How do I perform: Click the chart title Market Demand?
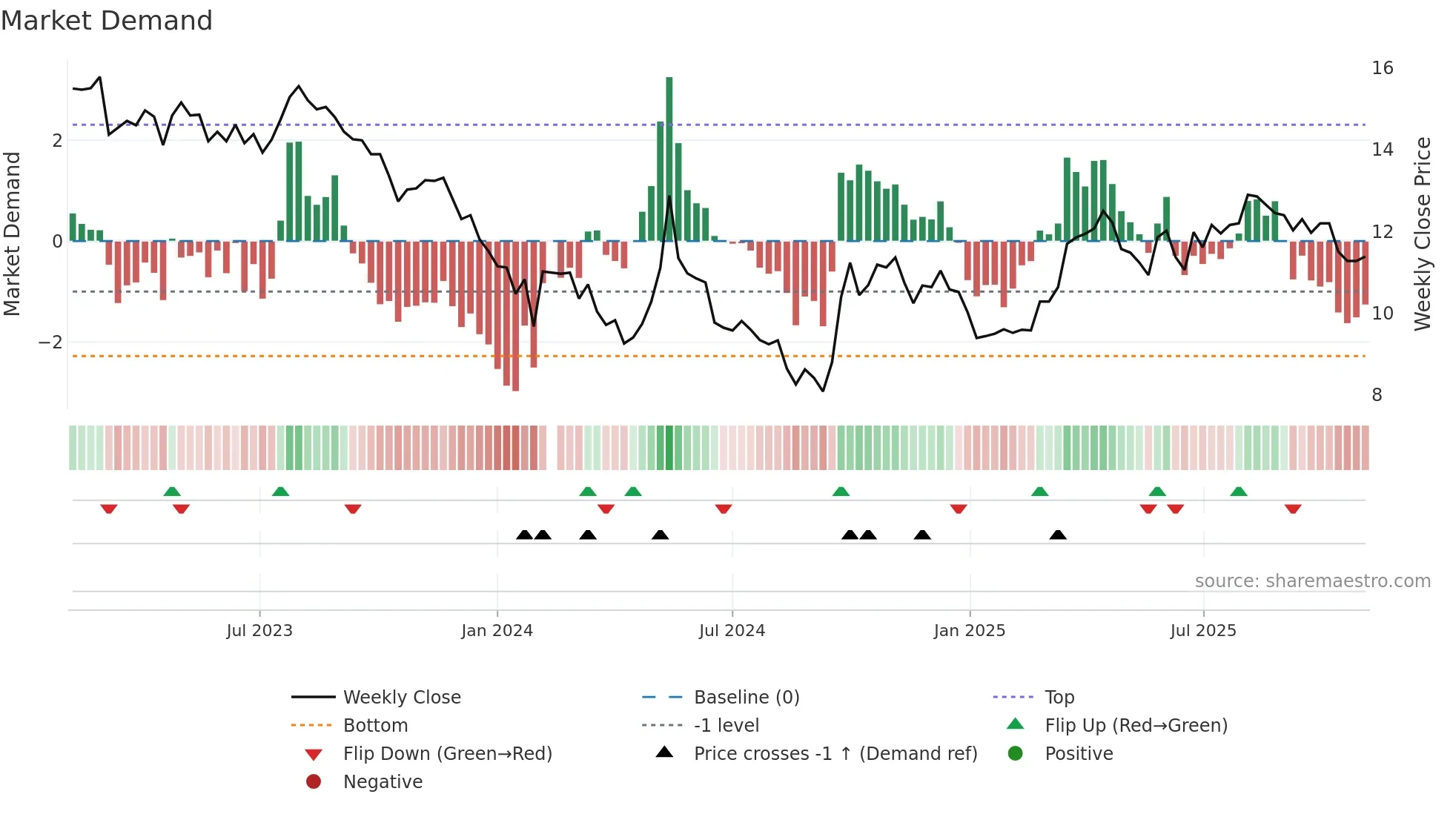[x=107, y=21]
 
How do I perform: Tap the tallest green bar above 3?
[x=669, y=156]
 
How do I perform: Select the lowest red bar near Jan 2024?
[x=515, y=315]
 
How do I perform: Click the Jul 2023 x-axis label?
[x=259, y=630]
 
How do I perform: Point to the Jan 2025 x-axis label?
[x=969, y=630]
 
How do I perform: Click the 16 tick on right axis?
[x=1382, y=68]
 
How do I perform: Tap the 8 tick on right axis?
[x=1377, y=395]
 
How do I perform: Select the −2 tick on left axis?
[x=50, y=343]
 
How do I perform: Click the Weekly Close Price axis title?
[x=1422, y=234]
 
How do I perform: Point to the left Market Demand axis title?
[x=12, y=234]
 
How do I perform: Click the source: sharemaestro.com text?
[x=1312, y=580]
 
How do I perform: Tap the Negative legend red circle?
[x=314, y=781]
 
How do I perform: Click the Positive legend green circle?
[x=1016, y=753]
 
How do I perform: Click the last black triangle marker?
[x=1058, y=535]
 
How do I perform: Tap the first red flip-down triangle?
[x=109, y=509]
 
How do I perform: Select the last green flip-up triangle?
[x=1238, y=492]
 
